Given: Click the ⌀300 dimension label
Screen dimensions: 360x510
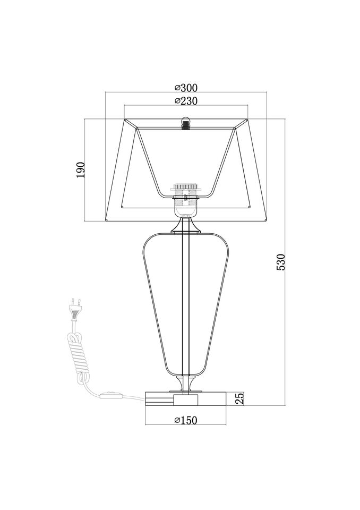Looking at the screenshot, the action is pyautogui.click(x=186, y=88).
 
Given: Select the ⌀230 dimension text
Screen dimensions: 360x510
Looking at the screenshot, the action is pyautogui.click(x=186, y=101).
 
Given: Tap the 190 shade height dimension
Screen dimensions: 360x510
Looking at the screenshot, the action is pyautogui.click(x=80, y=169).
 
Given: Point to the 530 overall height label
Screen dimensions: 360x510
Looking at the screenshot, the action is pyautogui.click(x=280, y=262).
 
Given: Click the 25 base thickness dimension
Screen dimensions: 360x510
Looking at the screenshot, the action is pyautogui.click(x=239, y=398).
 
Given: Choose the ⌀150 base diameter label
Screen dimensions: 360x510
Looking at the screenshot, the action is pyautogui.click(x=186, y=420).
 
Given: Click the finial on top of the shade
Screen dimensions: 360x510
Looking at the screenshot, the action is pyautogui.click(x=186, y=123).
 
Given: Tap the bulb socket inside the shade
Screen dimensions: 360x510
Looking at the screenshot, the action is pyautogui.click(x=185, y=200).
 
